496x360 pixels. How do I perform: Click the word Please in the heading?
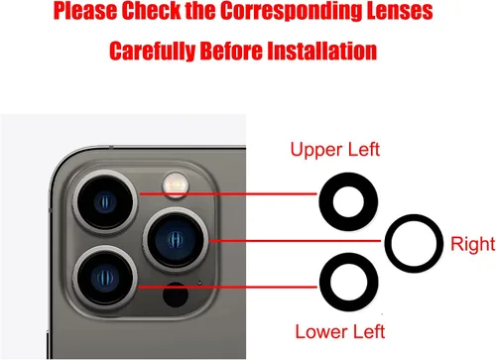pos(85,11)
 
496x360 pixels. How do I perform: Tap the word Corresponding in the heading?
pos(290,11)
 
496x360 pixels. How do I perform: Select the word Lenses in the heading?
pos(399,11)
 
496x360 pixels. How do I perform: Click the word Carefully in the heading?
pos(153,51)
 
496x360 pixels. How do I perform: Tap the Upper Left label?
pos(335,150)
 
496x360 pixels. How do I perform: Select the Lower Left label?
pos(340,331)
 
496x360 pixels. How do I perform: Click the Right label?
pos(473,244)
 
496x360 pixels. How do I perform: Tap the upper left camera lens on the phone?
pos(105,202)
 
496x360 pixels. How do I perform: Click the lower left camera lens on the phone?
pos(106,278)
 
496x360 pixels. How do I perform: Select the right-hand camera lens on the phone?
pos(176,240)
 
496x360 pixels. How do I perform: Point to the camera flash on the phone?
pos(176,184)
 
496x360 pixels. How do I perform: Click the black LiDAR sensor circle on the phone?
pos(176,295)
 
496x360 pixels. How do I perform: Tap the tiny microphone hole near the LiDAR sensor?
pos(199,282)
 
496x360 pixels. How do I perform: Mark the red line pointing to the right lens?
pos(296,241)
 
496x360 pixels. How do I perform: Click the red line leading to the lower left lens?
pos(227,287)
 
